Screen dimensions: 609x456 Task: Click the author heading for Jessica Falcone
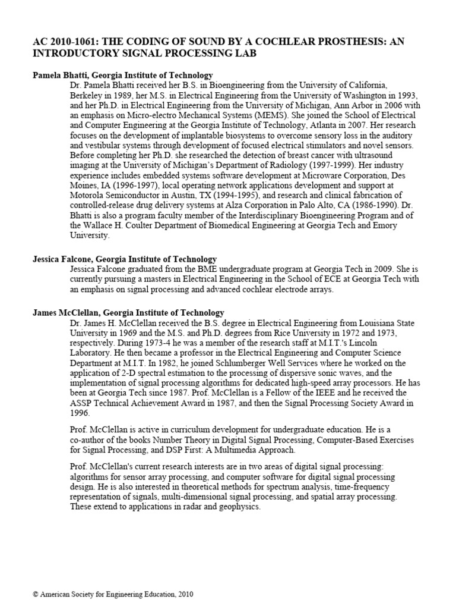click(125, 259)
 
